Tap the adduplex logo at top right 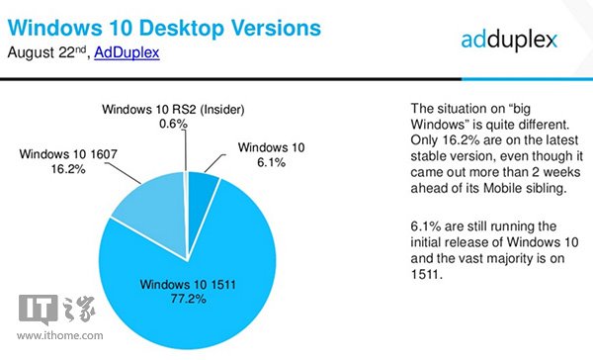pos(509,40)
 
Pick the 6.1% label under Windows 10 pos(261,163)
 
